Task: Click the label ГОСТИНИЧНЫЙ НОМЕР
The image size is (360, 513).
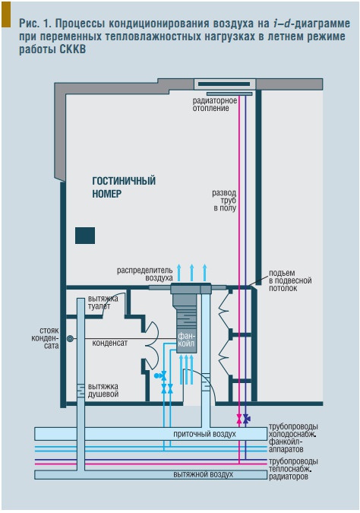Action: point(124,187)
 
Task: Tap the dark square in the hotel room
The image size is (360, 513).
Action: point(85,236)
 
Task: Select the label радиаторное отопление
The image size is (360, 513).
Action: point(214,104)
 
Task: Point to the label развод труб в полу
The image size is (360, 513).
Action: point(224,200)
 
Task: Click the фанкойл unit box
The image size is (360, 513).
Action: point(187,340)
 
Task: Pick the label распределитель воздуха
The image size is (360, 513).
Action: point(145,274)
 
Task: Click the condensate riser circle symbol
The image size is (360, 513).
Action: point(70,339)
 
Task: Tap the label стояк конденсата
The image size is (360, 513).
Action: point(45,338)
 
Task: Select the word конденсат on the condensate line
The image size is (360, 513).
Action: point(109,343)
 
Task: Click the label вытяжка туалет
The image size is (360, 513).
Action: point(103,302)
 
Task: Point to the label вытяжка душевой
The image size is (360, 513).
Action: point(103,391)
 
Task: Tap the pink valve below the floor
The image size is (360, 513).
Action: point(239,419)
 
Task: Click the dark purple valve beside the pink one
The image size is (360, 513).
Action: point(247,419)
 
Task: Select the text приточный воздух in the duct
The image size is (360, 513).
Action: point(204,434)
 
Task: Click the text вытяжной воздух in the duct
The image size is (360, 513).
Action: point(203,474)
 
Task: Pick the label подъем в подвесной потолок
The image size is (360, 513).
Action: point(290,280)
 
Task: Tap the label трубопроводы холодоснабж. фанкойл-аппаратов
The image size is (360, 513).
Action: point(293,438)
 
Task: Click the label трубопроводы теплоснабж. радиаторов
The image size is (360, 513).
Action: point(293,469)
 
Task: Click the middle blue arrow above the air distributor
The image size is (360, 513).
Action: point(192,272)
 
